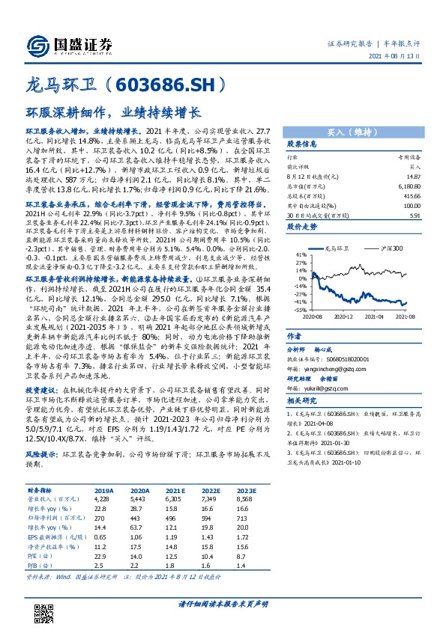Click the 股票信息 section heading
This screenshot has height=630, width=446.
(303, 144)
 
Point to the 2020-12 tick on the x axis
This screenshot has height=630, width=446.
(345, 316)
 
